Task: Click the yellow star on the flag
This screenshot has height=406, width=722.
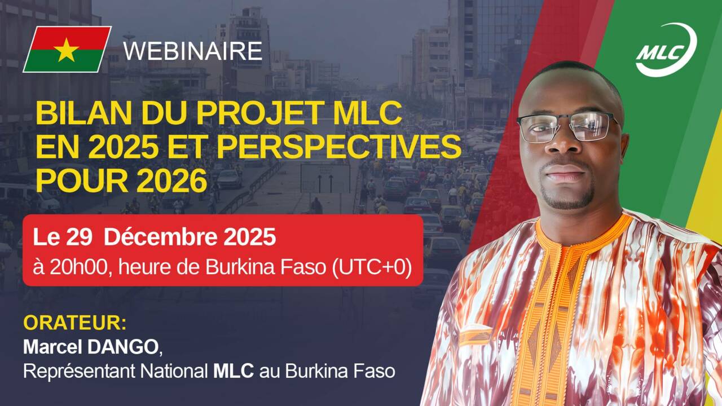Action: click(x=67, y=50)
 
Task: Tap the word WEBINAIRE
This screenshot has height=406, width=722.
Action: click(x=193, y=51)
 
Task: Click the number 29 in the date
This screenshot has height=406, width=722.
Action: click(x=80, y=237)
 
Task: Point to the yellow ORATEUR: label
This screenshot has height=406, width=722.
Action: click(x=74, y=324)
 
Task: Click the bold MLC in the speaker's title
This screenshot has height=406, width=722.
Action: click(x=233, y=372)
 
